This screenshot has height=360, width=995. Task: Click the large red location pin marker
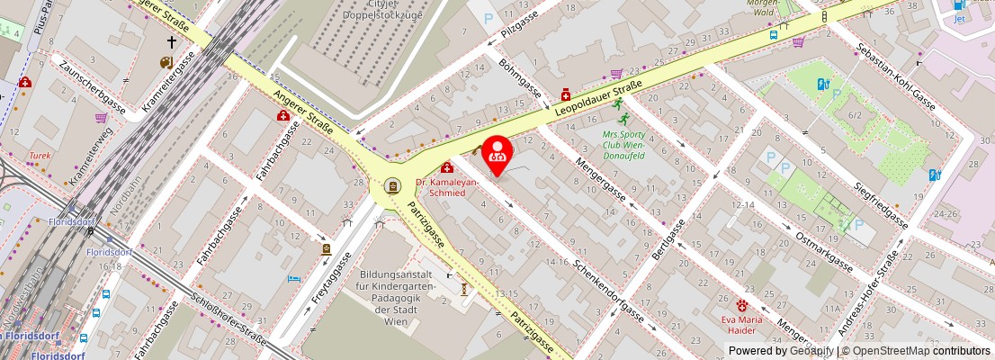(497, 154)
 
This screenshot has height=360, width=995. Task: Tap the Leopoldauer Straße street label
(598, 98)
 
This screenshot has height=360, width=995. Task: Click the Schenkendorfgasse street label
(608, 289)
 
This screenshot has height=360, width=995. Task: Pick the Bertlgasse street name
(668, 240)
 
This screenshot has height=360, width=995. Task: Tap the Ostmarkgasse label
(825, 252)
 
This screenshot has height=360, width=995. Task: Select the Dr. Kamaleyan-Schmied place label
(446, 187)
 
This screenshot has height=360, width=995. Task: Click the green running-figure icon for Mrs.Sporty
(618, 104)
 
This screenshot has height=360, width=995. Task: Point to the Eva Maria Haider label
(742, 324)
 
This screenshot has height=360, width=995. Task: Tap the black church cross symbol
(171, 42)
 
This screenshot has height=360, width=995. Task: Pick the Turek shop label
(40, 155)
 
